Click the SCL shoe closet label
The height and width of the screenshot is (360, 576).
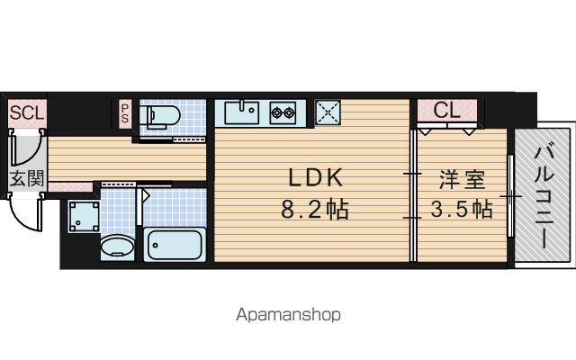click(x=26, y=112)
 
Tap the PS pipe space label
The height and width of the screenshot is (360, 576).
click(x=125, y=113)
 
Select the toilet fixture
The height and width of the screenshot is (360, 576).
click(x=160, y=115)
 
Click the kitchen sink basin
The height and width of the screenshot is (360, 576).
click(x=242, y=112)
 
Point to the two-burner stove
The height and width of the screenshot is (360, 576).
click(x=283, y=112)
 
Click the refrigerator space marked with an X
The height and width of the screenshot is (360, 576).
click(x=328, y=112)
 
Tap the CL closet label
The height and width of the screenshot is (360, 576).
click(x=446, y=110)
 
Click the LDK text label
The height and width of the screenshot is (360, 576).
click(x=316, y=178)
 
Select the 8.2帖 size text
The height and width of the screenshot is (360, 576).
click(x=315, y=210)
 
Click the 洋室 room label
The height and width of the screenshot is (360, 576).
click(x=462, y=180)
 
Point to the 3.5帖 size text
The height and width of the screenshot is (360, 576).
click(x=462, y=210)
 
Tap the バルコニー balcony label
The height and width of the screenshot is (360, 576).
click(x=544, y=197)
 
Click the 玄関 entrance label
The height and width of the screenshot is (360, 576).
click(x=26, y=178)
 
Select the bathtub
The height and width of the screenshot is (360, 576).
click(x=175, y=244)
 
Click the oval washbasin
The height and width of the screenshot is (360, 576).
click(x=117, y=247)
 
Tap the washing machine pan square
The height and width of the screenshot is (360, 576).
click(x=84, y=217)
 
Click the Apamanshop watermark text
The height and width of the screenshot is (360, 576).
click(x=288, y=315)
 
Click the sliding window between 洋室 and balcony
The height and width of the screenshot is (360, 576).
click(x=510, y=196)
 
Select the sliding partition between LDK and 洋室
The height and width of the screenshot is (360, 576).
click(x=414, y=195)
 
